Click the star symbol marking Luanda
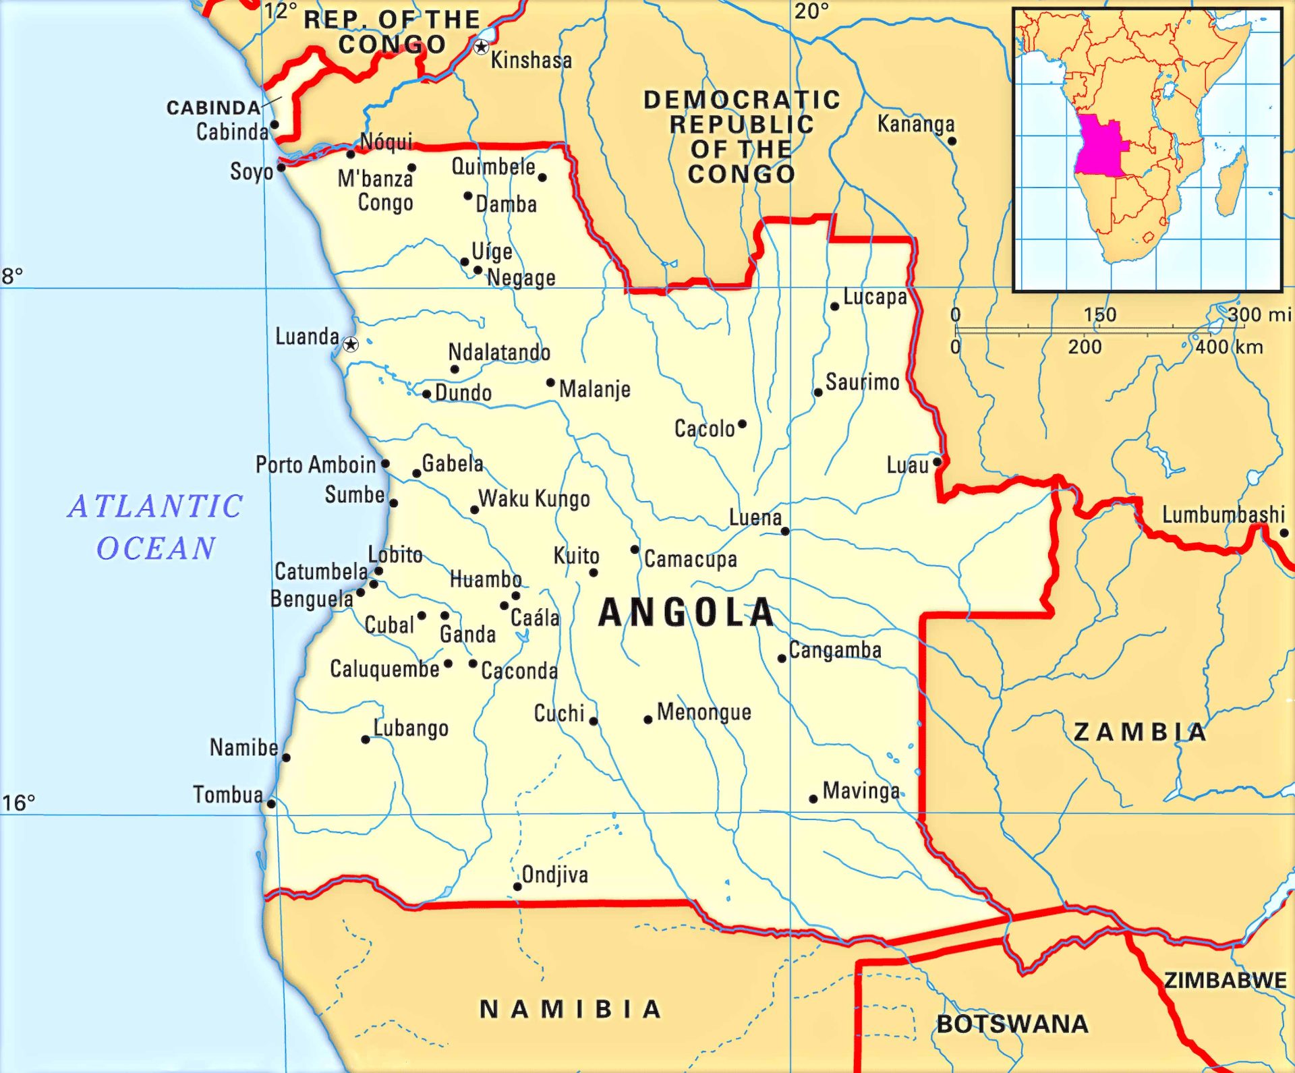click(x=350, y=345)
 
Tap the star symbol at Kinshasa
click(x=481, y=47)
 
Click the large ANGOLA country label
click(x=686, y=612)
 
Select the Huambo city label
click(x=486, y=579)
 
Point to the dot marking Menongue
click(x=647, y=720)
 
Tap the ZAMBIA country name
click(x=1140, y=732)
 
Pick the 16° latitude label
click(x=18, y=803)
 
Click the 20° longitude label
click(x=811, y=11)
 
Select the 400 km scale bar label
click(x=1229, y=347)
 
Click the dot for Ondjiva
click(x=517, y=886)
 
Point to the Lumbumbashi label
click(x=1223, y=515)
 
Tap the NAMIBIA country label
click(x=570, y=1010)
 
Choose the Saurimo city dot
click(x=817, y=393)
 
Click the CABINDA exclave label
click(x=213, y=108)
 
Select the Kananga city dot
click(x=952, y=141)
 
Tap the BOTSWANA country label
click(x=1012, y=1024)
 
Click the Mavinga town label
click(x=861, y=790)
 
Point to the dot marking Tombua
click(x=271, y=803)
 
